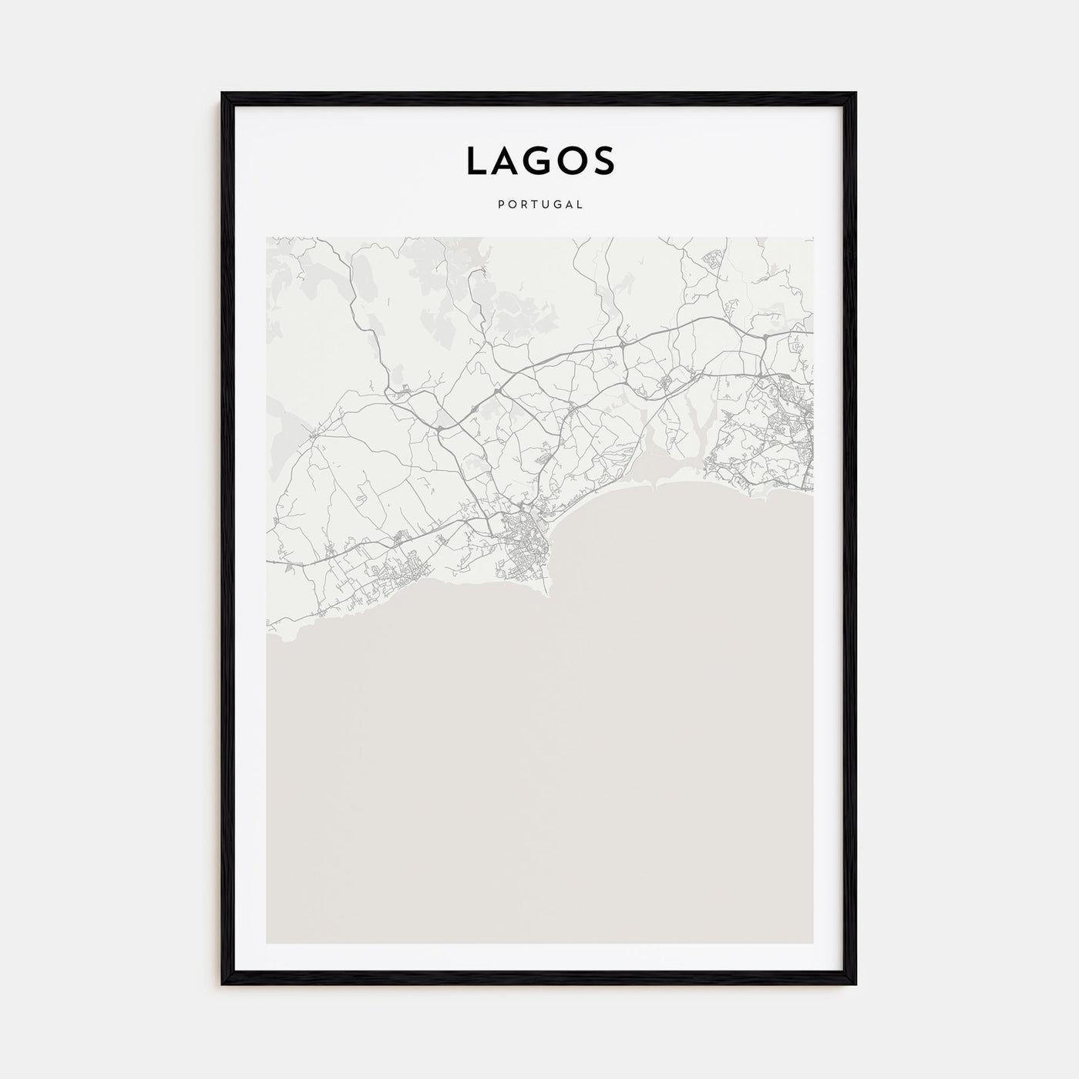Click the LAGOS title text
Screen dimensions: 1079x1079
pyautogui.click(x=539, y=160)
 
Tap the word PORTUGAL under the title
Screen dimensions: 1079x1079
pyautogui.click(x=539, y=205)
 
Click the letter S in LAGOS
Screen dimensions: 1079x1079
pyautogui.click(x=603, y=160)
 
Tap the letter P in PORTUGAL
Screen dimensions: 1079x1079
pyautogui.click(x=502, y=205)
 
